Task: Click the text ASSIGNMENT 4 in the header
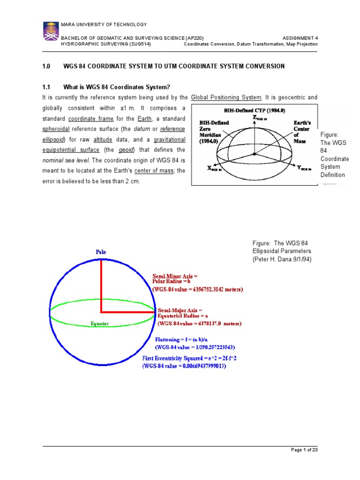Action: tap(300, 38)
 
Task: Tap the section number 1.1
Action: tap(46, 87)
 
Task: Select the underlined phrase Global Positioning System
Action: tap(226, 97)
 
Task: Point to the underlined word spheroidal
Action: tap(55, 129)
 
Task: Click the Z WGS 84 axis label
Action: tap(262, 118)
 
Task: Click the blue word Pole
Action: tap(101, 252)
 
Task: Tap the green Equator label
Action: tap(100, 323)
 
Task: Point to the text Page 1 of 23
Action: tap(304, 450)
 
